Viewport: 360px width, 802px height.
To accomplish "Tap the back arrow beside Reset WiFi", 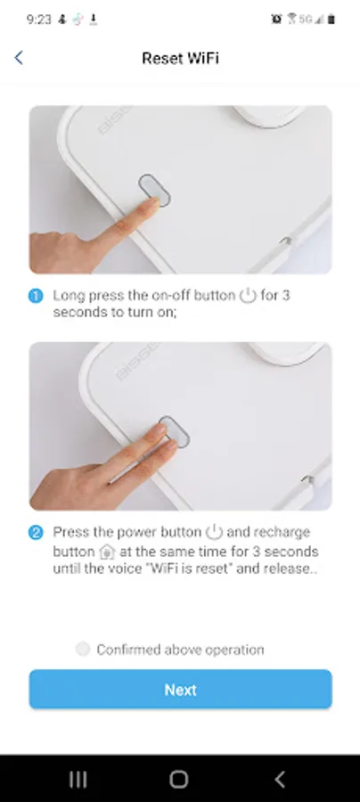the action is click(x=19, y=58).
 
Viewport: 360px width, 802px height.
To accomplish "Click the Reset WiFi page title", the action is click(x=180, y=58).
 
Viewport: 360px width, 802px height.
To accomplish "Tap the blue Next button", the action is click(x=181, y=690).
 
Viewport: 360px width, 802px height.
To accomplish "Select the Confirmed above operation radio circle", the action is click(x=83, y=649).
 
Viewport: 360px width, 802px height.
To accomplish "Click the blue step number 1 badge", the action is click(x=36, y=296).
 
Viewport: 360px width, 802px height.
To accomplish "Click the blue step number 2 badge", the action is click(x=36, y=533).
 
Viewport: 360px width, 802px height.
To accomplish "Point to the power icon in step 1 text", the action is click(x=248, y=296).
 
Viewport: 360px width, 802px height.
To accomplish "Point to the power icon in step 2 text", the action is click(x=214, y=532).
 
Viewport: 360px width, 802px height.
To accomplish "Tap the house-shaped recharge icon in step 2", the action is click(x=107, y=552).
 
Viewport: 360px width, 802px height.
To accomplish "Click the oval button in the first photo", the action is click(x=154, y=191).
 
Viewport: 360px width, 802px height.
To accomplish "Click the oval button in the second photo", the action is click(x=175, y=432).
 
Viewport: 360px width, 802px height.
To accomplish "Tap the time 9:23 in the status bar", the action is click(x=39, y=20).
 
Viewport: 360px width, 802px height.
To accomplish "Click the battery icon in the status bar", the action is click(x=331, y=20).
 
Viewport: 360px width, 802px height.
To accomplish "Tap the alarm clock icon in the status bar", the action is click(x=276, y=20).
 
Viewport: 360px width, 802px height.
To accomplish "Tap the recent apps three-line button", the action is click(x=78, y=779).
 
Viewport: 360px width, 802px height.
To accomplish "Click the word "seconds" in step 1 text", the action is click(x=80, y=312).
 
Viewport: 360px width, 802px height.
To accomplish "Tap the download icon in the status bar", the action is click(x=93, y=20).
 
